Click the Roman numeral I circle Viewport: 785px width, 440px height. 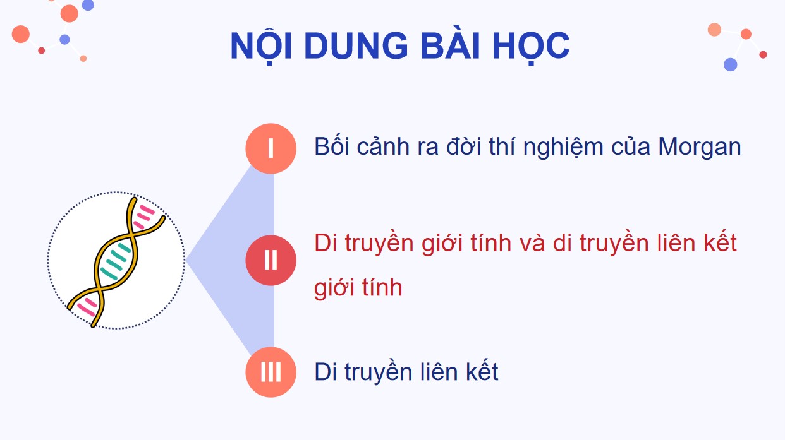tap(271, 148)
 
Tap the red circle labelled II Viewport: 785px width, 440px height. tap(271, 260)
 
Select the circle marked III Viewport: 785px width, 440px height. tap(271, 372)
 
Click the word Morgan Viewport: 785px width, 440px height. tap(699, 147)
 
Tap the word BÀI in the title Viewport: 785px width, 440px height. tap(444, 45)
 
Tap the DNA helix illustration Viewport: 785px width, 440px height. tap(116, 260)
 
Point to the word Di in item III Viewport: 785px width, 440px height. tap(326, 372)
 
